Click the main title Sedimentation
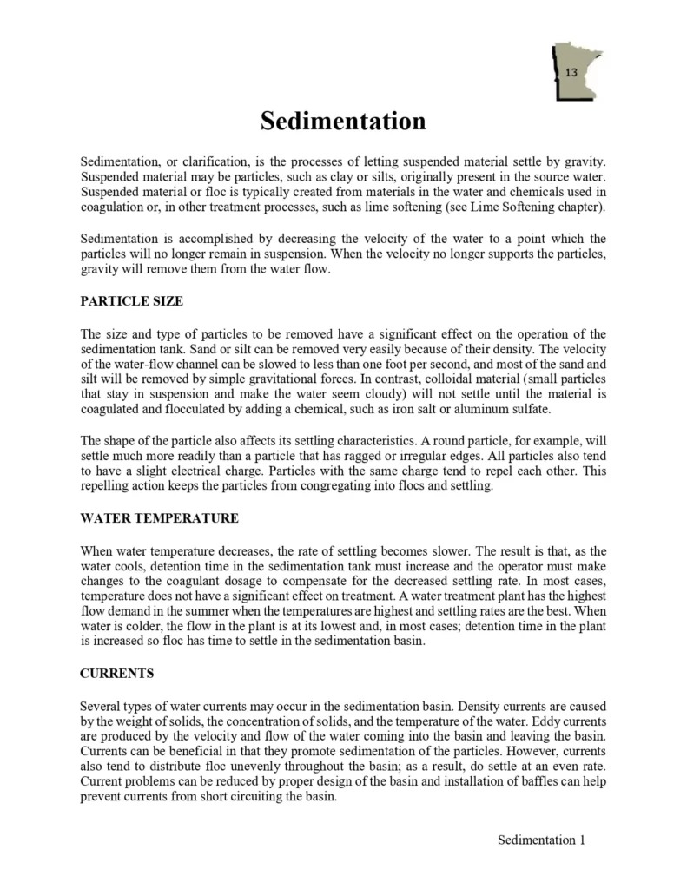343,121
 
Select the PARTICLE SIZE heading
131,301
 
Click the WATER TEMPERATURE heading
159,518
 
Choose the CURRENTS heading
116,673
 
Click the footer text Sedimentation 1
542,840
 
